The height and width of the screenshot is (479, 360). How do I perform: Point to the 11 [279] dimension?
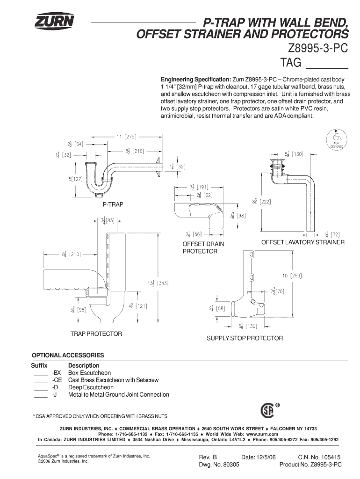[126, 137]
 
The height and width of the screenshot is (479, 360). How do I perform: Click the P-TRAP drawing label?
[113, 205]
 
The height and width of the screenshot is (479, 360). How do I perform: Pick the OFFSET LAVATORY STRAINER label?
[303, 242]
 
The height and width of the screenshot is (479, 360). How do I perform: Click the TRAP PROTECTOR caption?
[96, 334]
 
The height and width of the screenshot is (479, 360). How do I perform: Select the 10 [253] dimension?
[291, 276]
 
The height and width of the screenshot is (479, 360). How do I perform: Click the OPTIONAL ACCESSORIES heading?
[67, 355]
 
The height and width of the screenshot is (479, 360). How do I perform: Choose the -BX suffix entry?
[57, 373]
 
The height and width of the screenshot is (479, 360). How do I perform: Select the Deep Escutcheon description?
[91, 387]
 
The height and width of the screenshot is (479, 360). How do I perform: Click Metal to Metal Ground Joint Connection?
[119, 395]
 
